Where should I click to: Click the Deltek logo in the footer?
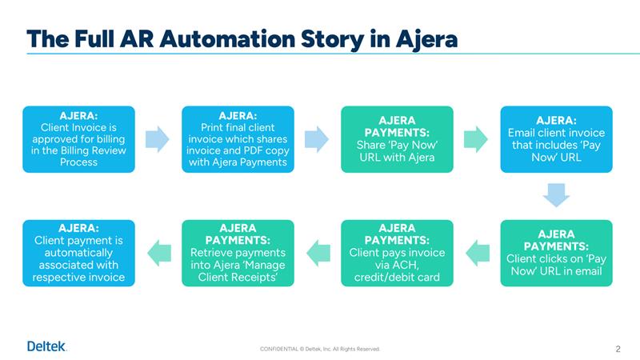coord(47,346)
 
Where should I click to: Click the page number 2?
coord(618,348)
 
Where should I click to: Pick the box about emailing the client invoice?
coord(556,139)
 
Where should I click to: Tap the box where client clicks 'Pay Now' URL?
coord(556,253)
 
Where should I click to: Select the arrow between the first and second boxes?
coord(158,139)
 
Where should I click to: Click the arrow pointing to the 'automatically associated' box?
coord(158,253)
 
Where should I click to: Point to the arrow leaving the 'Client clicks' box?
coord(477,253)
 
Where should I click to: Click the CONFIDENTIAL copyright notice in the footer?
coord(320,349)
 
